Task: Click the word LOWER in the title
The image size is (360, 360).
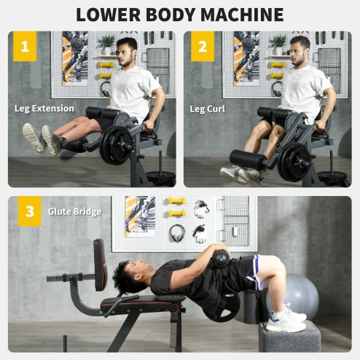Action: (111, 14)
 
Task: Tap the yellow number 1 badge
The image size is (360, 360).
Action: (25, 48)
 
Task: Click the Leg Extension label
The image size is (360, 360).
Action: (44, 109)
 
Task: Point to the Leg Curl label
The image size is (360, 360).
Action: (208, 109)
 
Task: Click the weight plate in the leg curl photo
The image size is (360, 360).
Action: (293, 160)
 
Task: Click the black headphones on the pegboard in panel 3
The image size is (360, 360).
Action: (178, 232)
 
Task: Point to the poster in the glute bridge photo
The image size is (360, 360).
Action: (140, 216)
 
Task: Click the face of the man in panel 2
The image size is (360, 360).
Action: (300, 53)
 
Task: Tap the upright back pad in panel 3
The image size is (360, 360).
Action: (100, 265)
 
